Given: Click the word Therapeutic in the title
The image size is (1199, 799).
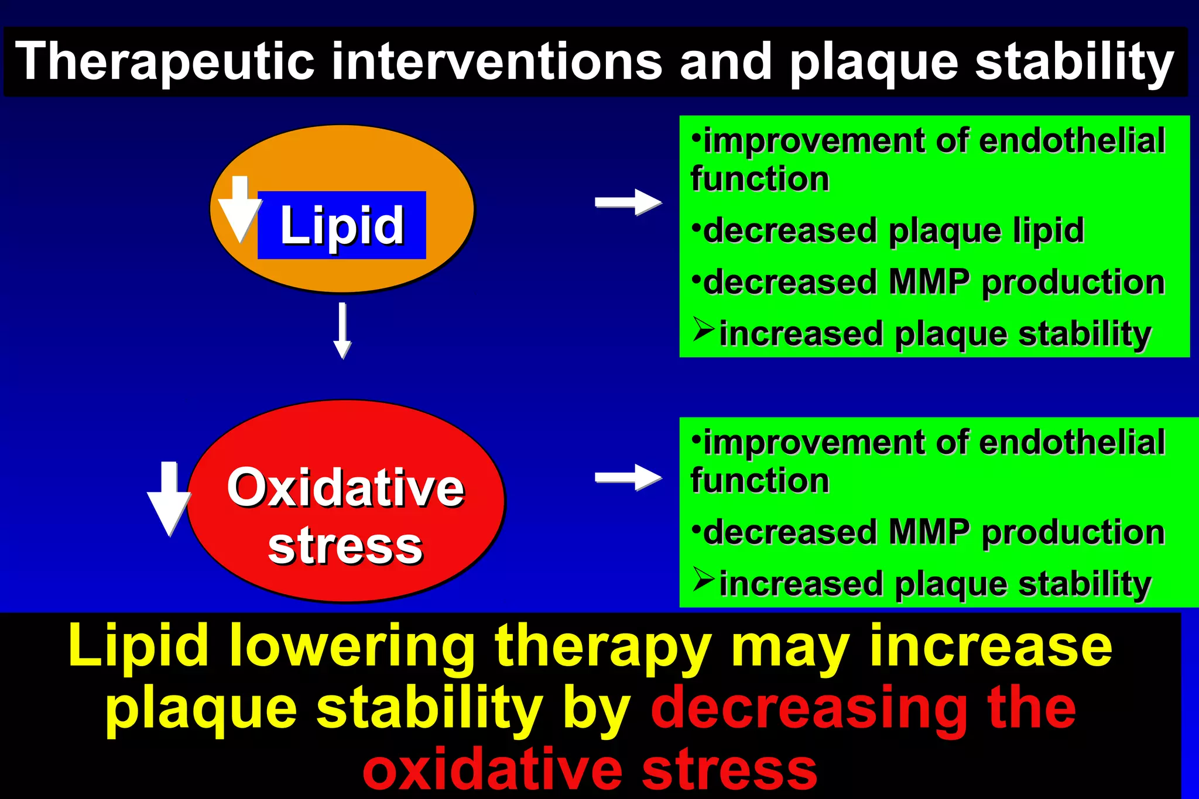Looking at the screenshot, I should [x=164, y=62].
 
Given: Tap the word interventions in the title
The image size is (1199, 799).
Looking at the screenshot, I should [x=496, y=62].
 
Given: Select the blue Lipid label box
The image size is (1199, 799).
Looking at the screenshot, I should [x=342, y=225].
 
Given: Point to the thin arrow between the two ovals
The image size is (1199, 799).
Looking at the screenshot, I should [x=342, y=330].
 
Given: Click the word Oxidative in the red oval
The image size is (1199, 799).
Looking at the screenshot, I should [x=345, y=488].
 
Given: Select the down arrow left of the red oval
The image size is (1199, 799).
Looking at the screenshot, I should [x=169, y=497].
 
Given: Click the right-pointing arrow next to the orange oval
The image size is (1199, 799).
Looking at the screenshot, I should [x=628, y=202].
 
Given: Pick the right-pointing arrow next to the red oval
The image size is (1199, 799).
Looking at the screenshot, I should [x=628, y=478].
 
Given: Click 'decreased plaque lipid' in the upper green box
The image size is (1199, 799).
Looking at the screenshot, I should [x=893, y=230].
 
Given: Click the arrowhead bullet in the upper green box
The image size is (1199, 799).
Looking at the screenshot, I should [x=703, y=329].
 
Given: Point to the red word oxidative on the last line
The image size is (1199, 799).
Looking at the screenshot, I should [x=492, y=770].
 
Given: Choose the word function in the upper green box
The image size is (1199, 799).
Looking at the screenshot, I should [x=760, y=178].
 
